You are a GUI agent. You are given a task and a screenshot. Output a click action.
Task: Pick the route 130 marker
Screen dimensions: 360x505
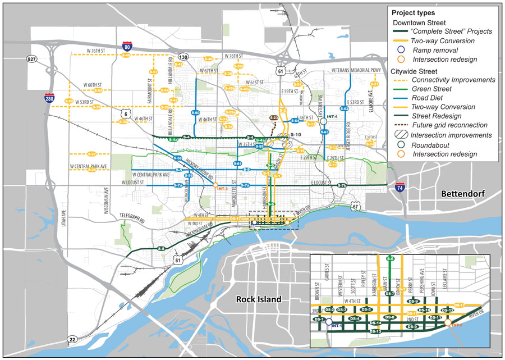(182, 57)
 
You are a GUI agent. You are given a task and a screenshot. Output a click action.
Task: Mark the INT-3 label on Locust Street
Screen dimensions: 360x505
(221, 189)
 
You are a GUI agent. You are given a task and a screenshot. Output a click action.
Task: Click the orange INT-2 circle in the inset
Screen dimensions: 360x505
(447, 322)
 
